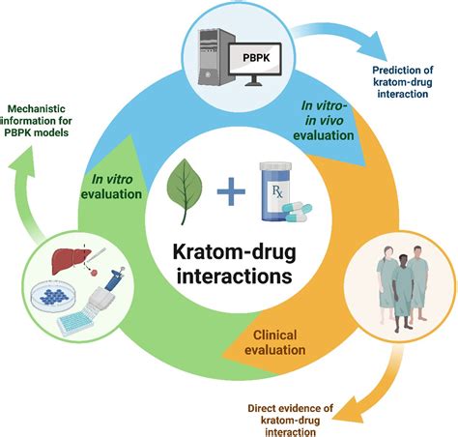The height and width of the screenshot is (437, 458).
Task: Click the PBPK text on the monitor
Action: [256, 58]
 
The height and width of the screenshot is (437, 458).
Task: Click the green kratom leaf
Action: [185, 191]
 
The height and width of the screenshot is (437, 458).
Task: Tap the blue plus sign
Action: [231, 191]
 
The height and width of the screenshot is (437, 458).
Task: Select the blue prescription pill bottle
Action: [275, 192]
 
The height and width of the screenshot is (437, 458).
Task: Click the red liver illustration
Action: [72, 258]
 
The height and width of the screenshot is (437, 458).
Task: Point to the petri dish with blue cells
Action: [53, 296]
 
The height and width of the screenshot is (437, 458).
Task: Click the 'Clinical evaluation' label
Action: [274, 342]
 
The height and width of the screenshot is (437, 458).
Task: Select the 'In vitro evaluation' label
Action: [111, 187]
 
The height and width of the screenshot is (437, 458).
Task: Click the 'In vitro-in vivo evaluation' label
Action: [324, 121]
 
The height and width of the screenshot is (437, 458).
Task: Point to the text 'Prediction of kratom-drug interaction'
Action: [403, 82]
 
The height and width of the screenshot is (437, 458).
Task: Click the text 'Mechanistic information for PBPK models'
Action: [36, 121]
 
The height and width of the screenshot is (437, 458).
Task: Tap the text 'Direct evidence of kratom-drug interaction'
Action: [290, 421]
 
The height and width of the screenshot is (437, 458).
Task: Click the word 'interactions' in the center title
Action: [234, 276]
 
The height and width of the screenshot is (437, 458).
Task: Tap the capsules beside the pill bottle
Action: [297, 212]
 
